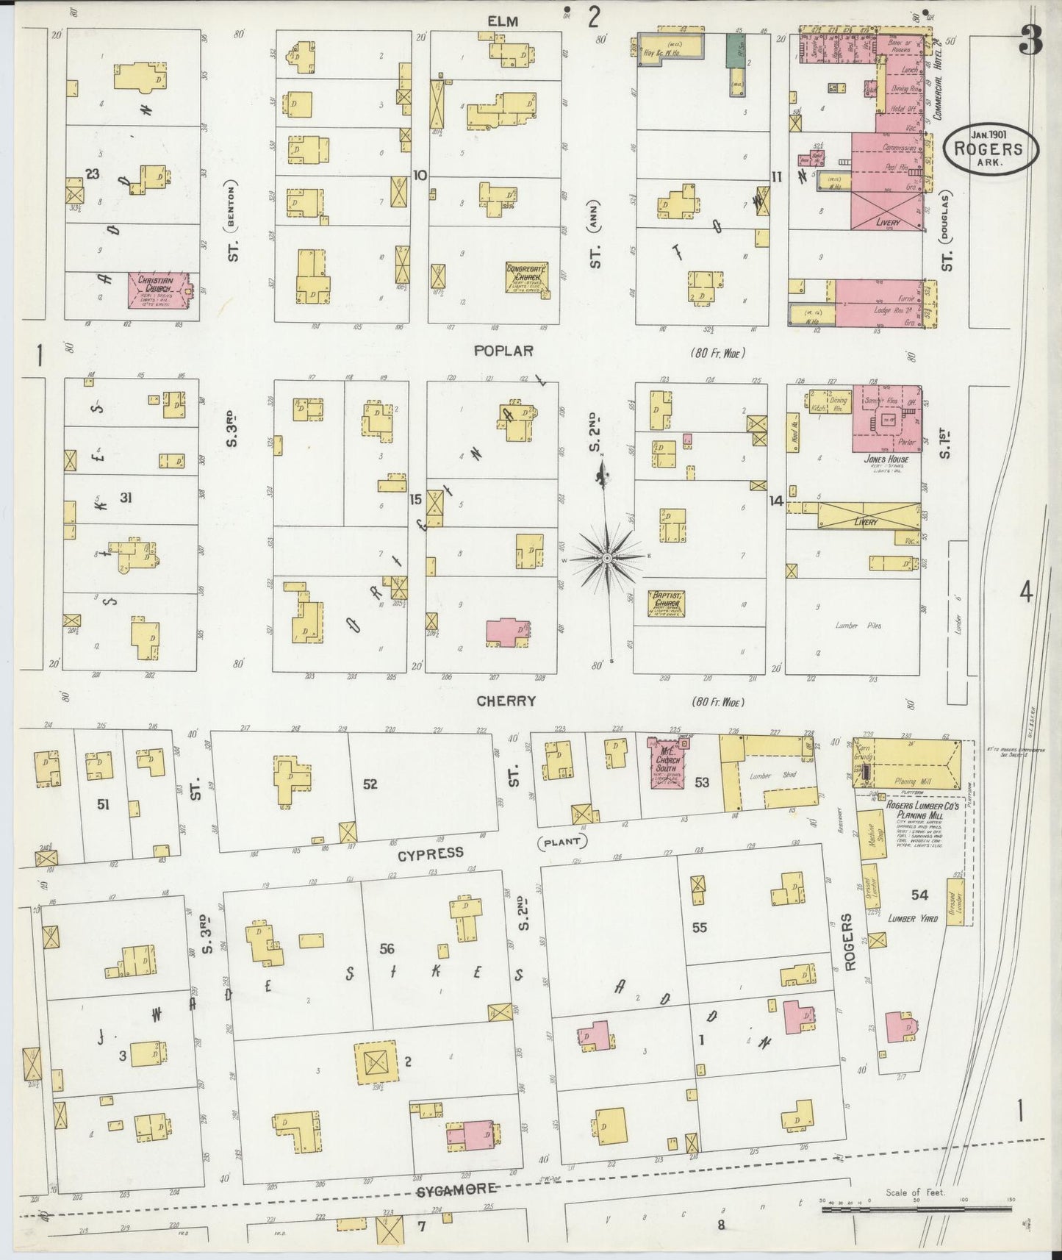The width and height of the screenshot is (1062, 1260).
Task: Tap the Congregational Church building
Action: (x=527, y=277)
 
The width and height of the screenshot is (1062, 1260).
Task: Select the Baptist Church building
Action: (x=667, y=604)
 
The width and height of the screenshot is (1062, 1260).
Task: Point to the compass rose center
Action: (x=607, y=559)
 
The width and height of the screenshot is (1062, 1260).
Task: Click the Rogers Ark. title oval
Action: (x=991, y=150)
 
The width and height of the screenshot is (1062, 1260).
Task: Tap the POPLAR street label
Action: (x=503, y=351)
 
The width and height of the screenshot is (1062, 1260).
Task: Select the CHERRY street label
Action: (x=506, y=701)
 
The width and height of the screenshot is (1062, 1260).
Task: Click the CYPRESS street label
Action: (x=431, y=853)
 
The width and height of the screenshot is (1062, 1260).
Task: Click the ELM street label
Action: (x=502, y=21)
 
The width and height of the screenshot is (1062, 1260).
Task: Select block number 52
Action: (x=370, y=784)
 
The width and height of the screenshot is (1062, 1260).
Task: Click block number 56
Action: (x=387, y=949)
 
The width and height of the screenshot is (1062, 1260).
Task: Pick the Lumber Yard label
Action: (x=911, y=918)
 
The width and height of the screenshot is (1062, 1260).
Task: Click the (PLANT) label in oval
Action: (x=563, y=841)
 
